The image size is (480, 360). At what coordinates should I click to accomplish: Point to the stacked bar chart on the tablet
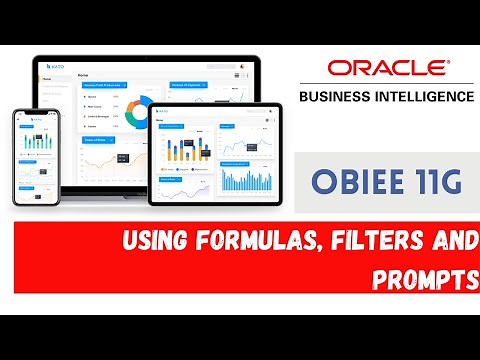[184, 149]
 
